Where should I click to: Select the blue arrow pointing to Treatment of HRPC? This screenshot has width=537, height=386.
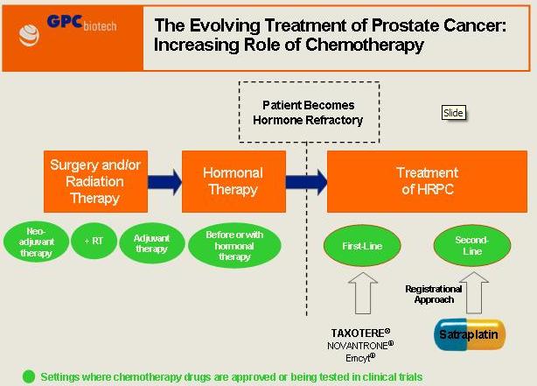click(x=305, y=182)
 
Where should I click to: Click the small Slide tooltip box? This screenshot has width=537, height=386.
click(x=453, y=113)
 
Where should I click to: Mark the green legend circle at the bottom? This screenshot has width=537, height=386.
click(x=29, y=377)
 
